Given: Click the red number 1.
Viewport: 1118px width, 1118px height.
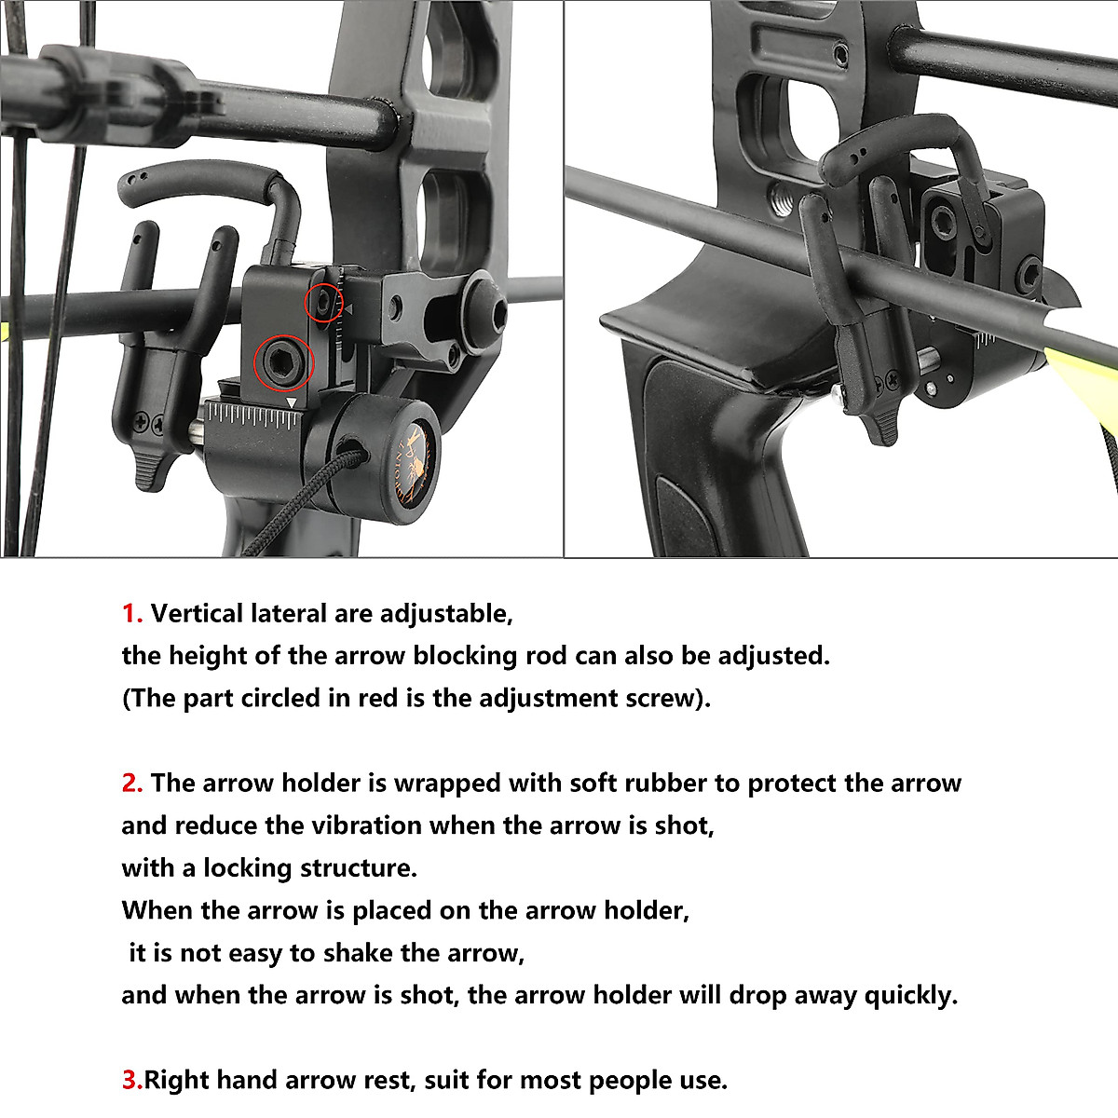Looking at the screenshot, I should [x=132, y=614].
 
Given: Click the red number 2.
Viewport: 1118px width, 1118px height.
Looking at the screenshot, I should [x=132, y=784].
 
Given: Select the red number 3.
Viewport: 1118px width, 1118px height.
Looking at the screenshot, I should [x=132, y=1081].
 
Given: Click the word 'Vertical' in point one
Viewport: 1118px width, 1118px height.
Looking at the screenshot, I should [x=193, y=614].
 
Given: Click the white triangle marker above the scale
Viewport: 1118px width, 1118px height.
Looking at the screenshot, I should [x=293, y=402].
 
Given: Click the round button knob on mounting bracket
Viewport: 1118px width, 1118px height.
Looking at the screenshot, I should [x=486, y=304].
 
